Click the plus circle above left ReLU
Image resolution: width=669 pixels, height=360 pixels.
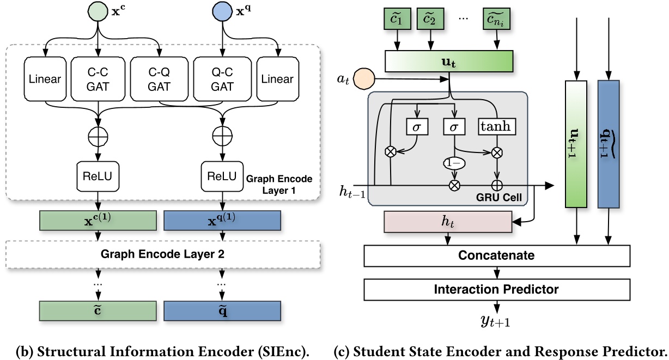pos(98,135)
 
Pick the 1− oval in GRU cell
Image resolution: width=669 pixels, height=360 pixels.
pos(454,162)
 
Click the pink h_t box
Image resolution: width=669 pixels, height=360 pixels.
pos(448,222)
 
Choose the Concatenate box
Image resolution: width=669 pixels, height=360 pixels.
pos(496,255)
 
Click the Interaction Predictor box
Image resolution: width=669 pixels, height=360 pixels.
pos(496,289)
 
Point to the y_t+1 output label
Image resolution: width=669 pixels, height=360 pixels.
pos(495,322)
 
